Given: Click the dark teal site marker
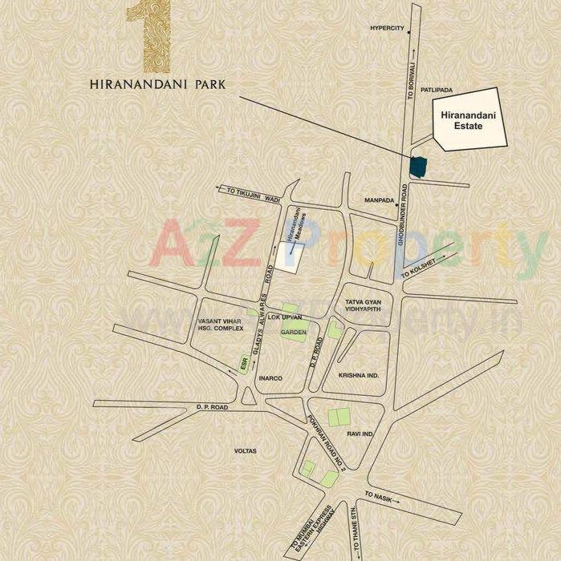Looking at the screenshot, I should coord(417,167).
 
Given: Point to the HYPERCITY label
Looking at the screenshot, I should coord(387,27).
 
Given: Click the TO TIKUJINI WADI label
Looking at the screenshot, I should coord(254,192).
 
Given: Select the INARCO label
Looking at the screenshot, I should coord(270,377).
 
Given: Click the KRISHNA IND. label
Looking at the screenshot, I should coord(358,374).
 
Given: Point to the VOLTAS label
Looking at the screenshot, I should coord(245,451).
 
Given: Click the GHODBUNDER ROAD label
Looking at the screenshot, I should coord(406,217).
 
